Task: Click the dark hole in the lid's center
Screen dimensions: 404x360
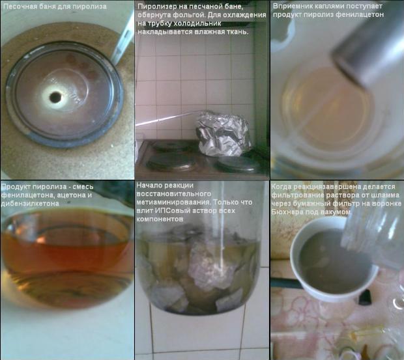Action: pyautogui.click(x=55, y=97)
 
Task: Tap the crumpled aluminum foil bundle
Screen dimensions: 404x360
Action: pyautogui.click(x=223, y=133)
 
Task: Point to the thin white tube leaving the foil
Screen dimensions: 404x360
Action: pyautogui.click(x=167, y=118)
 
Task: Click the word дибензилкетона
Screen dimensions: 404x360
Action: pyautogui.click(x=30, y=204)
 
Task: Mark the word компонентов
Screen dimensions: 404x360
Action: pyautogui.click(x=160, y=219)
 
